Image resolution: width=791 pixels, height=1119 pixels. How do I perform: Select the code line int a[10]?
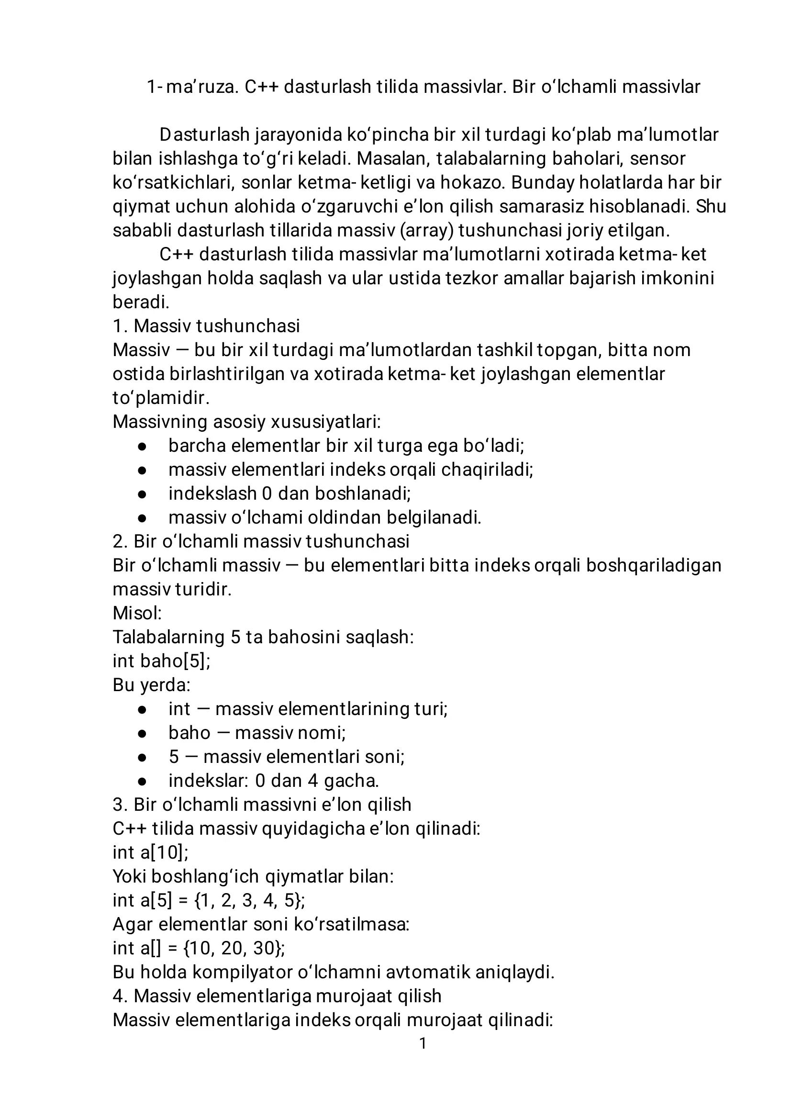click(150, 852)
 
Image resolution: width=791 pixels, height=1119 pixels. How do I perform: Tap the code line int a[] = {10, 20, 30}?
click(199, 948)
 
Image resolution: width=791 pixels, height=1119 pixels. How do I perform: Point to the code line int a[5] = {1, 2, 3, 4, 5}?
click(209, 900)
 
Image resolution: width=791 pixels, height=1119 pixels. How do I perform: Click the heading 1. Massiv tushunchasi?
click(206, 326)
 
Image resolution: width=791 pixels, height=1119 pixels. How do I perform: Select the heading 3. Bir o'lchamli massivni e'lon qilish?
click(262, 805)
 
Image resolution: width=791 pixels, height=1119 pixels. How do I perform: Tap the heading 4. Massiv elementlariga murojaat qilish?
click(277, 996)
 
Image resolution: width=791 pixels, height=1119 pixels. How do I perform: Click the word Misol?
click(137, 613)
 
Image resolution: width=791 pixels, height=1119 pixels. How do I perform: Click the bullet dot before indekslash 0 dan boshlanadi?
click(142, 494)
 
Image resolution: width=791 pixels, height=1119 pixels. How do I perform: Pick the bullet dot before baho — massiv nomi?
click(142, 733)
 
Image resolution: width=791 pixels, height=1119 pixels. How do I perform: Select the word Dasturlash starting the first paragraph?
click(205, 135)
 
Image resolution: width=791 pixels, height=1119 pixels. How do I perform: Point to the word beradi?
click(140, 302)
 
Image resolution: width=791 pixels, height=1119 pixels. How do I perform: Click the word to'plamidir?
click(161, 398)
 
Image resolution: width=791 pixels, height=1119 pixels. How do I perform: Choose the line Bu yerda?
click(151, 685)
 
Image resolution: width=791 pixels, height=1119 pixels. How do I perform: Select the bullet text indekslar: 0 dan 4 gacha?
click(273, 781)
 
